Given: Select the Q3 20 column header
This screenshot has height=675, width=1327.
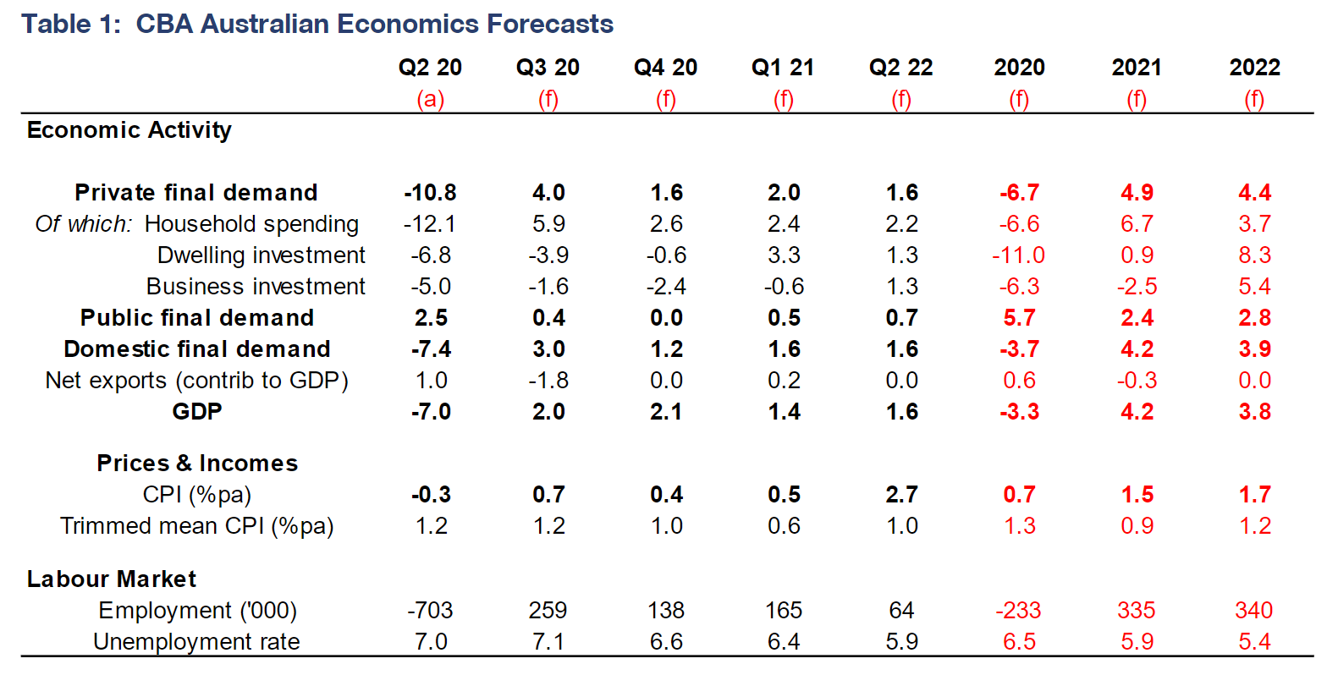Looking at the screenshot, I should (548, 68).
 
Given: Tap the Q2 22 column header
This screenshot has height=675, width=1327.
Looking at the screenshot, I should (901, 68).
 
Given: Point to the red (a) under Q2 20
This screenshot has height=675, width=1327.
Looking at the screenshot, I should (430, 100).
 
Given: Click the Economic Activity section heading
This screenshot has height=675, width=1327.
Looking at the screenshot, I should (129, 130).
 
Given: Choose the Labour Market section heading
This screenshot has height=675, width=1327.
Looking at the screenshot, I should (112, 579).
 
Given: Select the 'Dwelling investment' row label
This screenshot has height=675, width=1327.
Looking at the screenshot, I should (262, 255).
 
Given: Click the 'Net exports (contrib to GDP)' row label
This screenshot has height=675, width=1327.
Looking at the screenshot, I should (196, 381).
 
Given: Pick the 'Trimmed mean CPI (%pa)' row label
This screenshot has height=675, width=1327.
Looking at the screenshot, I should (197, 526).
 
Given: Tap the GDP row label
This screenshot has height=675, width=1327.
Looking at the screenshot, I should (197, 412).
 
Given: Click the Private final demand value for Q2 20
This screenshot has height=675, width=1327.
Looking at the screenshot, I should (430, 193).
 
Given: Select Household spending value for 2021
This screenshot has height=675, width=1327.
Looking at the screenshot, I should (1137, 224).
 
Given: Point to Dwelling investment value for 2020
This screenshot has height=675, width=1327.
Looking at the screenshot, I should (1018, 255).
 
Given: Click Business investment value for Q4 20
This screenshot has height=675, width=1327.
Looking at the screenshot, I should (666, 287).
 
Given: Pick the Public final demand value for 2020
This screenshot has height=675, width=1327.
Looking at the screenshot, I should (1019, 318).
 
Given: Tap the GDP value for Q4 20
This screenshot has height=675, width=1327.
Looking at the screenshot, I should (666, 412).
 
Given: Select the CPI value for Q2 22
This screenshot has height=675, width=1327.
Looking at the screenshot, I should (901, 495).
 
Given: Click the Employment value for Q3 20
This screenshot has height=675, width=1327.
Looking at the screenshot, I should (548, 611).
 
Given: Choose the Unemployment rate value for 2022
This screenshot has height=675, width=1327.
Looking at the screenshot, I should (1254, 642).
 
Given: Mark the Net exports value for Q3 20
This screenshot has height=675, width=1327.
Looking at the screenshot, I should (548, 381).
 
